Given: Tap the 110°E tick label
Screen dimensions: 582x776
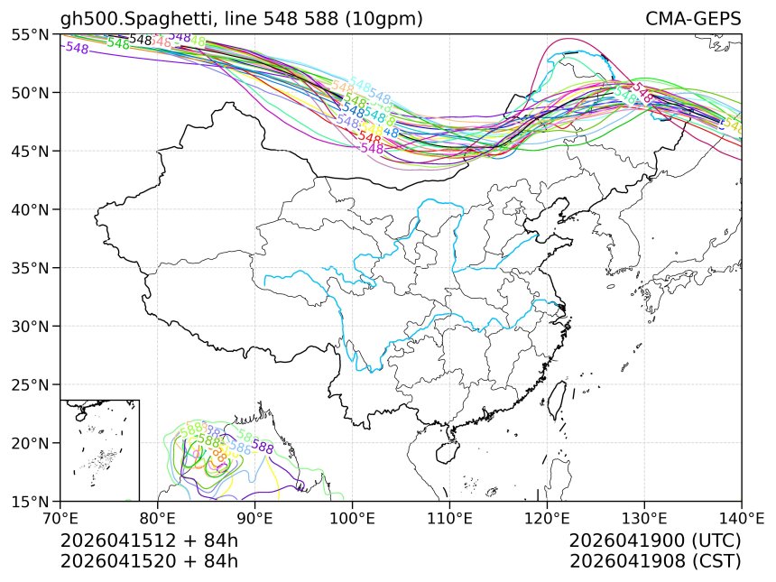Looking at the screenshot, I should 449,518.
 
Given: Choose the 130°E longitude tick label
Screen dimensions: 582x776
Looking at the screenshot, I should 644,518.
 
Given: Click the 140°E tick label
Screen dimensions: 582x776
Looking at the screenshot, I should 741,518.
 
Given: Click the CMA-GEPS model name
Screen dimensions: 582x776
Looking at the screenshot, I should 693,19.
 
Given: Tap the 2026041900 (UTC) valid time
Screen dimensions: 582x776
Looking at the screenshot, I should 655,540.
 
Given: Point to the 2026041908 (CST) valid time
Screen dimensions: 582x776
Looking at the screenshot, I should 655,560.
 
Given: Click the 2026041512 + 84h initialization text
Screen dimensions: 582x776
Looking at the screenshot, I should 149,540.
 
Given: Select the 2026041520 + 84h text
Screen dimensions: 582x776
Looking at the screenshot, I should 149,560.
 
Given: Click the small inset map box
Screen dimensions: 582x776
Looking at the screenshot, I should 99,449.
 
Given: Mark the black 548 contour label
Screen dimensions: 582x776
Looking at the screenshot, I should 141,40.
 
